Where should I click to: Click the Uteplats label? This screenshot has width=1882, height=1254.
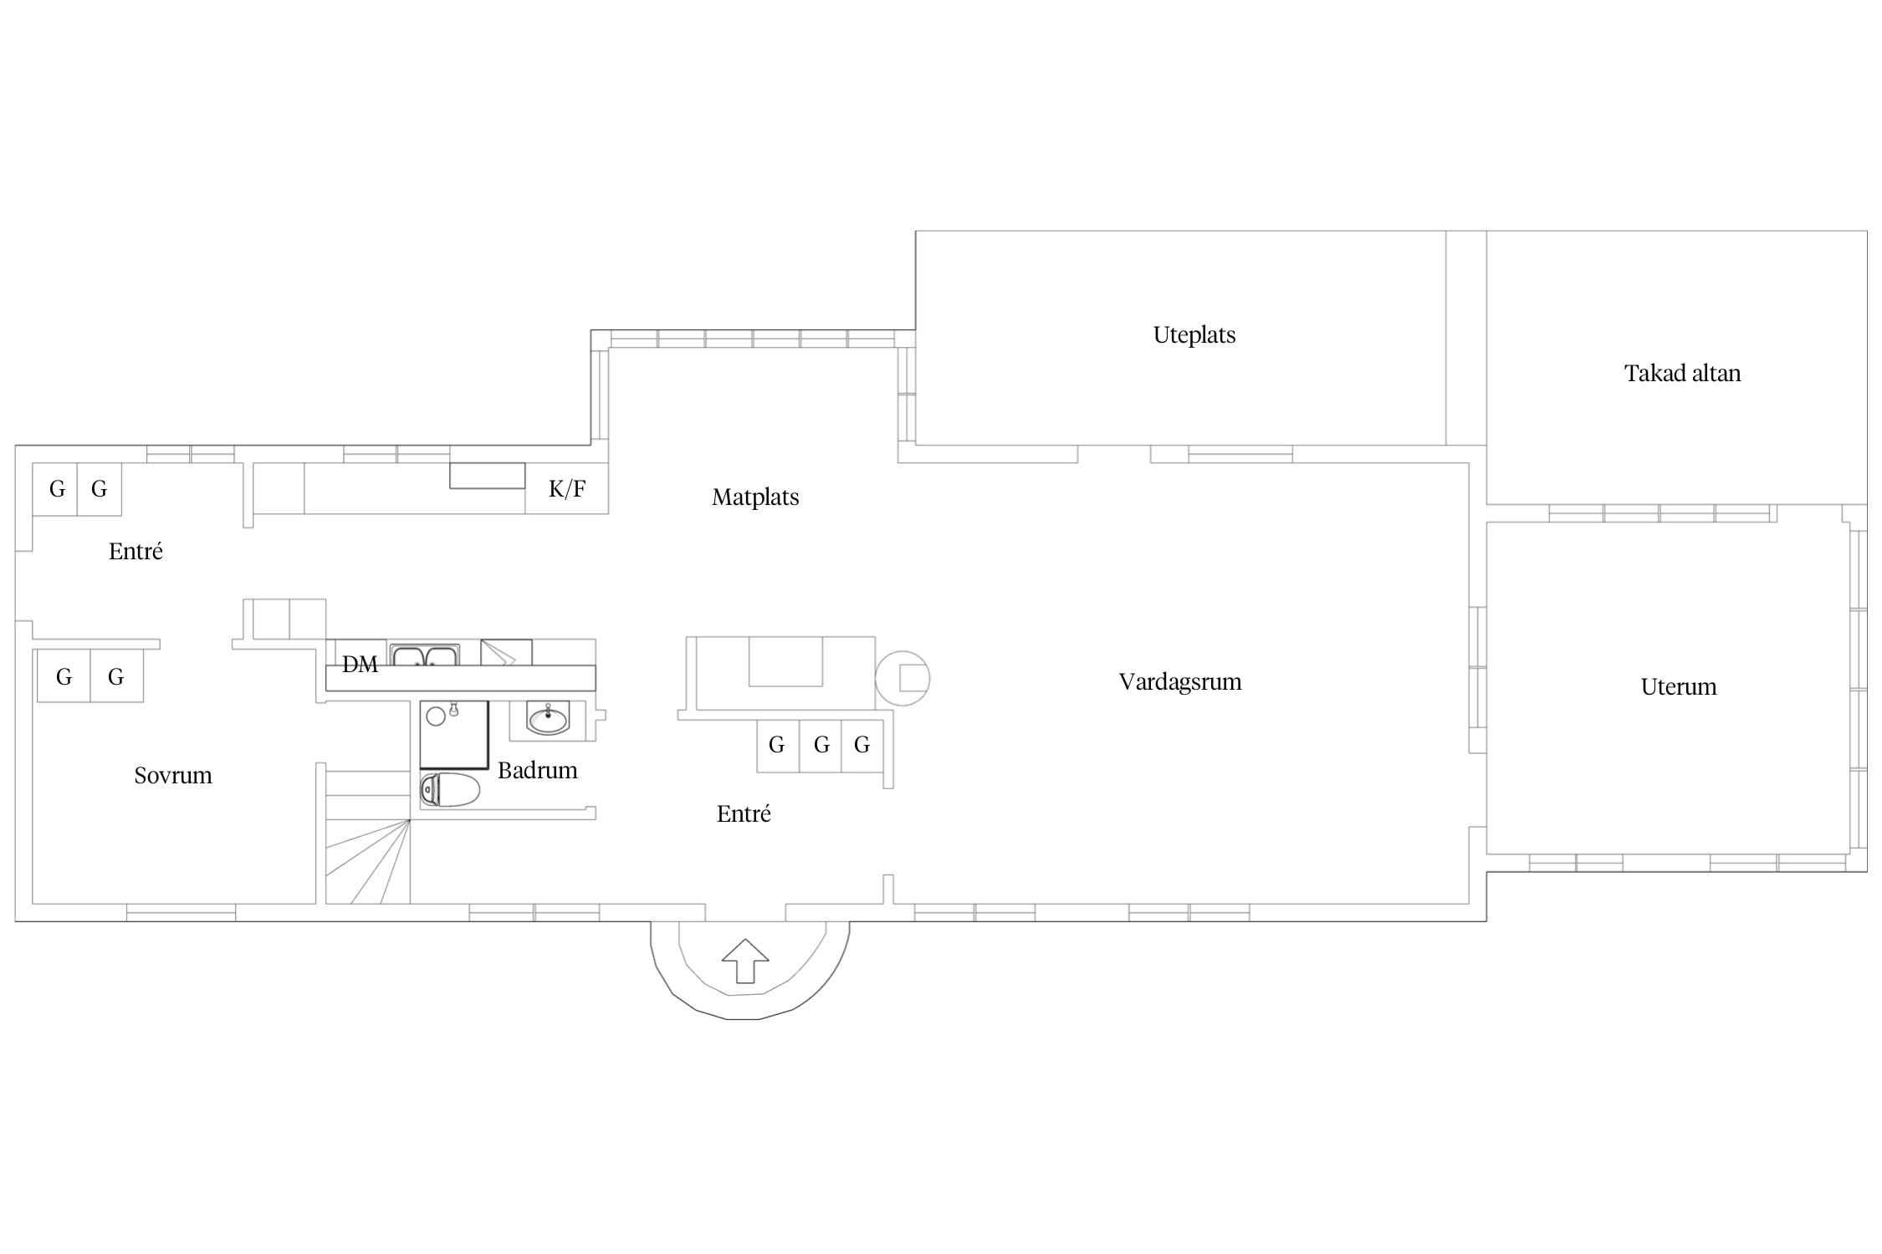pos(1194,335)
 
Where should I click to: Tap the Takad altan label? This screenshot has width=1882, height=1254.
pos(1682,373)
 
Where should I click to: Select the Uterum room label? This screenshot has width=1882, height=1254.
pos(1678,686)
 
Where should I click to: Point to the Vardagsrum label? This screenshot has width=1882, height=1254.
pos(1180,682)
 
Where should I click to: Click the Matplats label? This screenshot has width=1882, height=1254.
pos(755,497)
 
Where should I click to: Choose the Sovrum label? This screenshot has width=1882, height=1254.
pos(173,776)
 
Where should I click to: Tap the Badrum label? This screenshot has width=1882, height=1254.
pos(537,770)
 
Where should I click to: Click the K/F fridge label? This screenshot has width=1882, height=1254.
pos(566,489)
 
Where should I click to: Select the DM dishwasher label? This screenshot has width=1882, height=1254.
pos(360,665)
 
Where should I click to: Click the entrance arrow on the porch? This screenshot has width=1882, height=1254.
pos(744,961)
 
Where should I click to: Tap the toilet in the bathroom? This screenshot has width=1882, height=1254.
pos(449,789)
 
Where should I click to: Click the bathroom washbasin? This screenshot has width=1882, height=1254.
pos(549,718)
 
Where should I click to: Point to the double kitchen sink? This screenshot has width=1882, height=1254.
pos(424,655)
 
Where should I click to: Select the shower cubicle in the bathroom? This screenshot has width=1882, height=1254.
pos(453,735)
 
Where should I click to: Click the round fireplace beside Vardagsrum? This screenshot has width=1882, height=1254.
pos(903,678)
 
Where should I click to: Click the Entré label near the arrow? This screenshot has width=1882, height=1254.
pos(744,813)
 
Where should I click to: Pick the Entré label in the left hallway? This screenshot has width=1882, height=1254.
pos(136,551)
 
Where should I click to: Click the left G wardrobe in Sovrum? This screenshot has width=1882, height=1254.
pos(64,676)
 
